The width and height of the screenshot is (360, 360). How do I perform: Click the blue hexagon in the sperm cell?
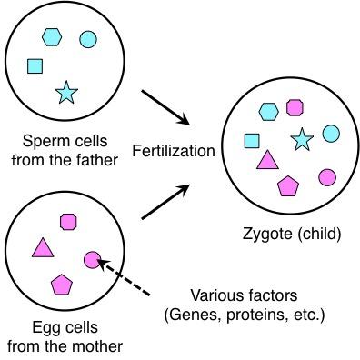[51, 36]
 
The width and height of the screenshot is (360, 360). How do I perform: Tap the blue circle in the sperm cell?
[88, 39]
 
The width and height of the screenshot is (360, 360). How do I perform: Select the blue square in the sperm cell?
[35, 65]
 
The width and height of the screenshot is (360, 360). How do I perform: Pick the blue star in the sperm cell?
[65, 92]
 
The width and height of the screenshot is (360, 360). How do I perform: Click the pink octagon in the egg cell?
[67, 221]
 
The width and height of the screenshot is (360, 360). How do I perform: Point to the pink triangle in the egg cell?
[41, 247]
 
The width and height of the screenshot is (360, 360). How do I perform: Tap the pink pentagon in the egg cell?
[61, 284]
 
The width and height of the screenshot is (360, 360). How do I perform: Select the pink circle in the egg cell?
[91, 260]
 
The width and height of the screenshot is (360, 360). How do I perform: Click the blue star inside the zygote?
[302, 139]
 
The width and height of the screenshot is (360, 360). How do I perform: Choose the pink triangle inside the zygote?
[266, 161]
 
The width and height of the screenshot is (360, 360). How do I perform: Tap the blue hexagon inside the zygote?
[268, 112]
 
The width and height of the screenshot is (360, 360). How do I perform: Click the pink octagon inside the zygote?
[294, 107]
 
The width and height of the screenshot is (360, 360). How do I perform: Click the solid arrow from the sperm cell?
[166, 105]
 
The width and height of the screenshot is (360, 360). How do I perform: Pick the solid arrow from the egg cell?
[166, 201]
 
